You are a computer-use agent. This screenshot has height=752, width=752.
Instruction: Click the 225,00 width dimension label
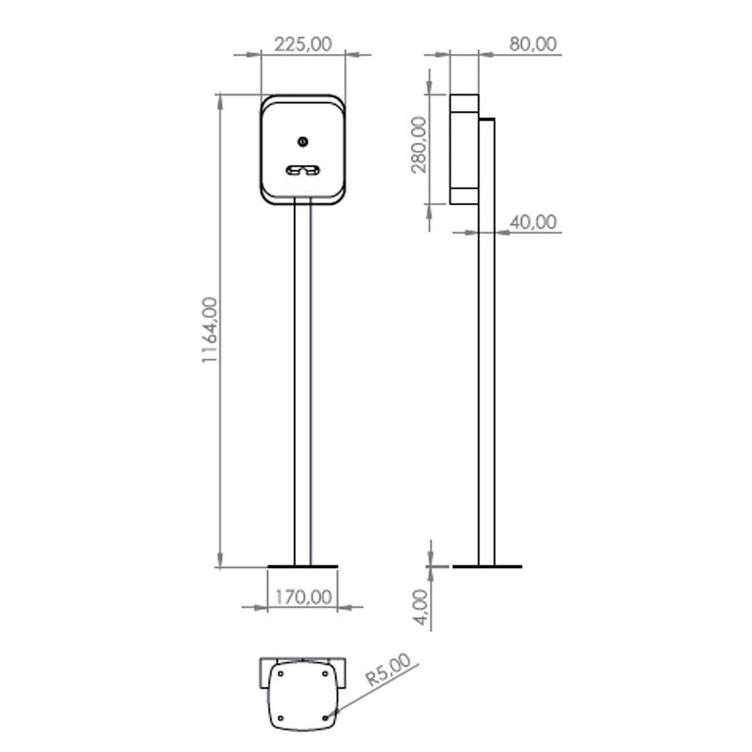[x=303, y=44]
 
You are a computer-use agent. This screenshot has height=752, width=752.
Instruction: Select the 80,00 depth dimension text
[x=533, y=44]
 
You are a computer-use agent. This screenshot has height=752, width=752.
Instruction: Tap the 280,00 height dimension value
[x=419, y=144]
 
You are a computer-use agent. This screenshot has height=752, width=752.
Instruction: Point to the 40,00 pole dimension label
[x=533, y=222]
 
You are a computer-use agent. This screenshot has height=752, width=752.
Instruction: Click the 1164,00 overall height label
[x=209, y=330]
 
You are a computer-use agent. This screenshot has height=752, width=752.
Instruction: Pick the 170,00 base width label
[x=303, y=597]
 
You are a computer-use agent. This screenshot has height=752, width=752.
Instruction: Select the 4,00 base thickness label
[x=420, y=607]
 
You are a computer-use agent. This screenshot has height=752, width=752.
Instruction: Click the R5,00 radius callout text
[x=388, y=670]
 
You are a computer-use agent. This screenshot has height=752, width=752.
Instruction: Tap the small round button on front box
[x=303, y=141]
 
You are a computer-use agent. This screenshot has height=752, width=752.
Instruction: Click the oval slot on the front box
[x=303, y=170]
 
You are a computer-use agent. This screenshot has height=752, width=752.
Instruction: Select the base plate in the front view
[x=303, y=567]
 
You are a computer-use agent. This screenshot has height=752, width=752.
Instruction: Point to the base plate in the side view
[x=487, y=567]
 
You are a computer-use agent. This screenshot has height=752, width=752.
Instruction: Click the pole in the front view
[x=303, y=384]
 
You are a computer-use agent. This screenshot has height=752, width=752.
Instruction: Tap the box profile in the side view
[x=464, y=149]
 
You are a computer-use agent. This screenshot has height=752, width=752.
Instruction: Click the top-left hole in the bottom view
[x=280, y=674]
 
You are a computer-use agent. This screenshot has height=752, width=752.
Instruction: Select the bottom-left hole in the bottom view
[x=280, y=718]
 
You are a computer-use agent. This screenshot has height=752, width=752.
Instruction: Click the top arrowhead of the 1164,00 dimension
[x=220, y=102]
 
